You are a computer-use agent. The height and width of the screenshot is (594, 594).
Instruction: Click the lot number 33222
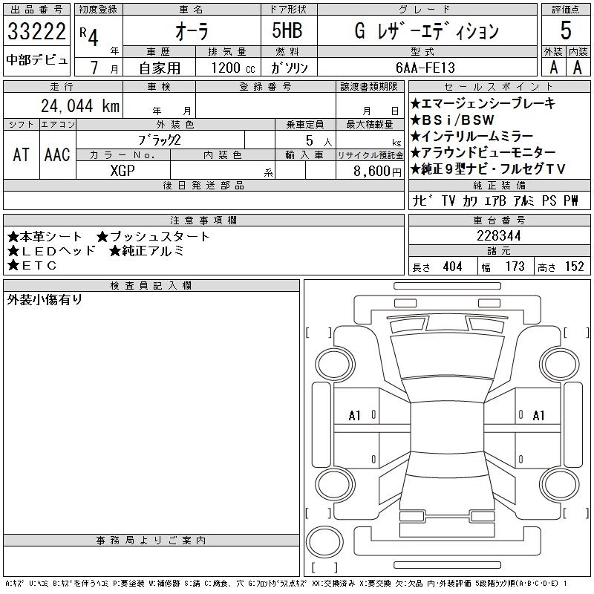tap(36, 31)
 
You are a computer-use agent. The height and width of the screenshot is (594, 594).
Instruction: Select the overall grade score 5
tap(566, 30)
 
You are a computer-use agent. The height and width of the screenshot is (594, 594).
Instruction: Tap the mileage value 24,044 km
tap(80, 105)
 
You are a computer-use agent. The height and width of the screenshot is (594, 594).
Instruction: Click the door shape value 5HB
tap(287, 30)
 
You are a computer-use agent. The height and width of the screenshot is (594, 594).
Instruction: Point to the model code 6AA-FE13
tap(425, 68)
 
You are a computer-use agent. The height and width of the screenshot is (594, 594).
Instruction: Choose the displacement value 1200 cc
tap(233, 68)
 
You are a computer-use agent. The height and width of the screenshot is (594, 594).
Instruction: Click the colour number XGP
tap(123, 171)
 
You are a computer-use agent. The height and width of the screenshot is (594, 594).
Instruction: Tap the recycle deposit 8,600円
tap(377, 172)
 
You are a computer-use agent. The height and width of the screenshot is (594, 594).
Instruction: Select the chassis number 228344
tap(499, 235)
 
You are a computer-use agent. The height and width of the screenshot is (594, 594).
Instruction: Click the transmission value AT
tap(21, 155)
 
